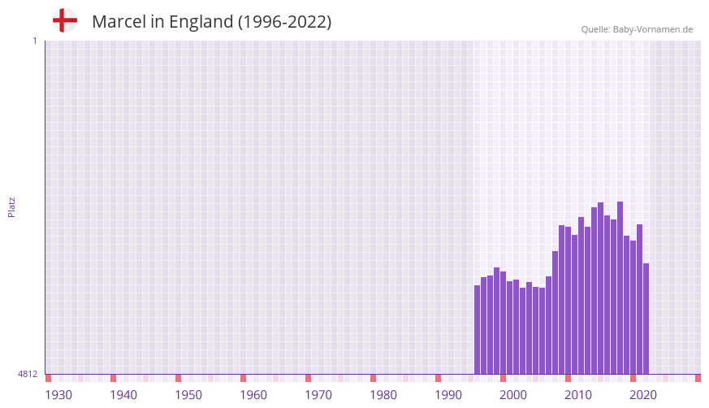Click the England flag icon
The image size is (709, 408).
tap(64, 20)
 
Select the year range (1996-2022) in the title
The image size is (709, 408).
tap(284, 22)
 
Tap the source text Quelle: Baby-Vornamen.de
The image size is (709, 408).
tap(637, 29)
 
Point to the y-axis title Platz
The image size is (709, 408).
tap(11, 206)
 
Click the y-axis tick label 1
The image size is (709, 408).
tap(34, 41)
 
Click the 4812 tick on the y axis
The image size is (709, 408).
tap(28, 374)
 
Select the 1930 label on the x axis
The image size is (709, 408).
tap(58, 395)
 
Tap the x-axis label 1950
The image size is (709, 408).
tap(188, 395)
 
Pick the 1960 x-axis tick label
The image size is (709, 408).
tap(253, 395)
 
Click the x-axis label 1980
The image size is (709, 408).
tap(383, 395)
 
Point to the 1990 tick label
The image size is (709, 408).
tap(448, 395)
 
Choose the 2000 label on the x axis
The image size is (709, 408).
tap(513, 395)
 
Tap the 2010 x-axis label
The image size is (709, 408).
tap(578, 395)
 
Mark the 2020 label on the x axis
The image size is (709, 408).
tap(643, 395)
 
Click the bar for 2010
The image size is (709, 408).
tap(568, 300)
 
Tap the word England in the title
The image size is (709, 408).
tap(201, 22)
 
